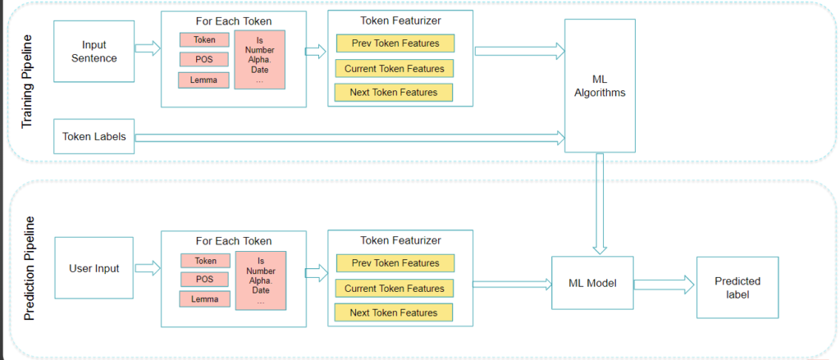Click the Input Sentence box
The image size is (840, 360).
click(x=94, y=51)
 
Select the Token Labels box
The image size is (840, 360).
click(x=94, y=137)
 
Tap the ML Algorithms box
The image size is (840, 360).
click(x=600, y=85)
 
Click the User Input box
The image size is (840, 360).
click(x=94, y=268)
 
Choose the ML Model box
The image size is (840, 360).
click(x=591, y=283)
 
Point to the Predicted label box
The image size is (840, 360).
click(x=737, y=286)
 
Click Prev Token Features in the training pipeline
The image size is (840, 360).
click(x=395, y=43)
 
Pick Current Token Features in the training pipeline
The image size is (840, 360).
click(x=395, y=69)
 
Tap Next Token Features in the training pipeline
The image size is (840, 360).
click(x=393, y=93)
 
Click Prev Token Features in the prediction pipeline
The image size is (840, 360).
click(x=395, y=263)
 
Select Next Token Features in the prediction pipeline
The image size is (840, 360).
click(x=393, y=312)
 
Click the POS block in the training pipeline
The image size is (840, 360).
click(x=205, y=59)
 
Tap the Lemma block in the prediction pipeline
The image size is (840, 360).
click(x=205, y=299)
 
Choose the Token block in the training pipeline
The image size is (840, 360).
click(x=205, y=39)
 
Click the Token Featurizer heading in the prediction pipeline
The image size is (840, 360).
click(x=399, y=240)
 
